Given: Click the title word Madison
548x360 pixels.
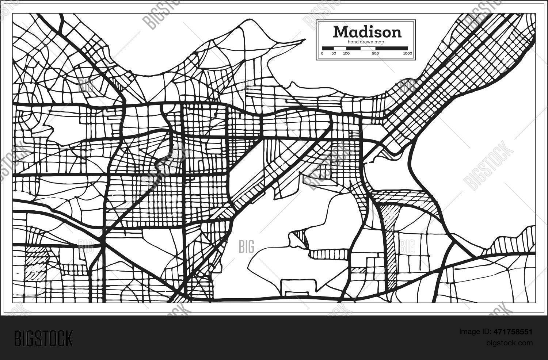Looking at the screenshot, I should (367, 32).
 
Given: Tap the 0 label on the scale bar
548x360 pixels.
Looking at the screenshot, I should (322, 54).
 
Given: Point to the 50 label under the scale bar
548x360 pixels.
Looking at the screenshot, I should (334, 54).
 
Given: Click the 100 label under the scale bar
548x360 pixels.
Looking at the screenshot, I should (346, 54).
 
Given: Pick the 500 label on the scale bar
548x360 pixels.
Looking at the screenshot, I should (375, 54).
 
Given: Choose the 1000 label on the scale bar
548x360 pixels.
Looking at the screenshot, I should (407, 54).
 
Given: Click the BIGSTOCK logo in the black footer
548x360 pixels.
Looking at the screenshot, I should (43, 338).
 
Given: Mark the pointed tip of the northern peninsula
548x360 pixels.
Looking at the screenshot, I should (304, 40).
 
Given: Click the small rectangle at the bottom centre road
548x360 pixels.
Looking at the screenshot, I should (297, 293).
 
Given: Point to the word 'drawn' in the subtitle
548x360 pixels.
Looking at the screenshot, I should (367, 42).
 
